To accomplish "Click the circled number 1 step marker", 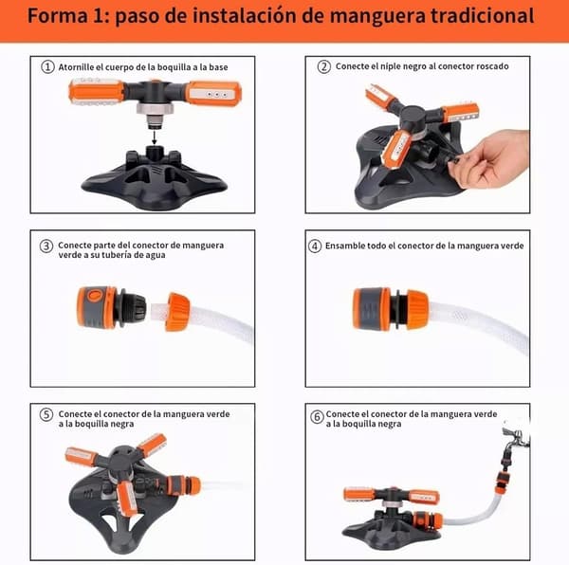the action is [47, 66].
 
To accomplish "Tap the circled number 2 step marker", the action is [324, 66].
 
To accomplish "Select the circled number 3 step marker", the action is [46, 246].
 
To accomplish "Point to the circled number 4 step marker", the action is [315, 246].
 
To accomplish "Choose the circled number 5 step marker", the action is [46, 414].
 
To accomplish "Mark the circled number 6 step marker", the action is [317, 417].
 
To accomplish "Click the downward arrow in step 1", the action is [155, 137].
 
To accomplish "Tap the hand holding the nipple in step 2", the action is [491, 159].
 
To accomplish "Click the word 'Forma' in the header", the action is [58, 15].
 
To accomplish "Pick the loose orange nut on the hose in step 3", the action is [177, 312].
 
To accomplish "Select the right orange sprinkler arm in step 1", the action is [213, 93].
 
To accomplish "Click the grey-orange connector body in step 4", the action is [373, 309].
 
